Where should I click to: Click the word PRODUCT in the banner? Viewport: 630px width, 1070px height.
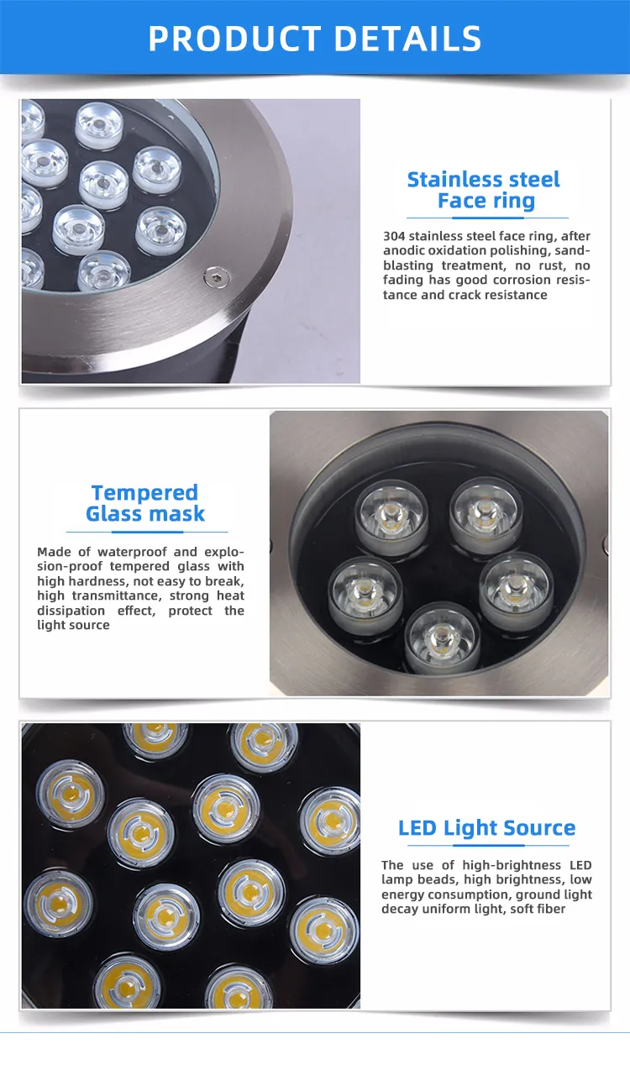pos(234,39)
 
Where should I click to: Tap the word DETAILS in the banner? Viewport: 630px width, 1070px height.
pos(407,39)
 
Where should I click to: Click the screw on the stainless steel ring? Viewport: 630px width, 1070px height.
pos(217,277)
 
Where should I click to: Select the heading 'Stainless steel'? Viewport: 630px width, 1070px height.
pos(483,180)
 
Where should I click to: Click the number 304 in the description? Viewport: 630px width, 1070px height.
pos(394,236)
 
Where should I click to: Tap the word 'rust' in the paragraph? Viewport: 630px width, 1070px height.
pos(551,265)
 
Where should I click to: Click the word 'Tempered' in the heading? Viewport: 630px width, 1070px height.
pos(144,492)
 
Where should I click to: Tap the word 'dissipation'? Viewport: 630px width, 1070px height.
pos(71,611)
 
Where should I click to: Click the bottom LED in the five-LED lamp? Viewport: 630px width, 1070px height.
pos(442,638)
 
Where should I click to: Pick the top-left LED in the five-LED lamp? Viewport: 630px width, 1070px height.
pos(391,517)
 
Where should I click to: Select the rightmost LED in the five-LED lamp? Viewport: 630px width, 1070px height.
pos(516,591)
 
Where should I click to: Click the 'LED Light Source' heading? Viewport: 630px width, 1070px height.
pos(486,828)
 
